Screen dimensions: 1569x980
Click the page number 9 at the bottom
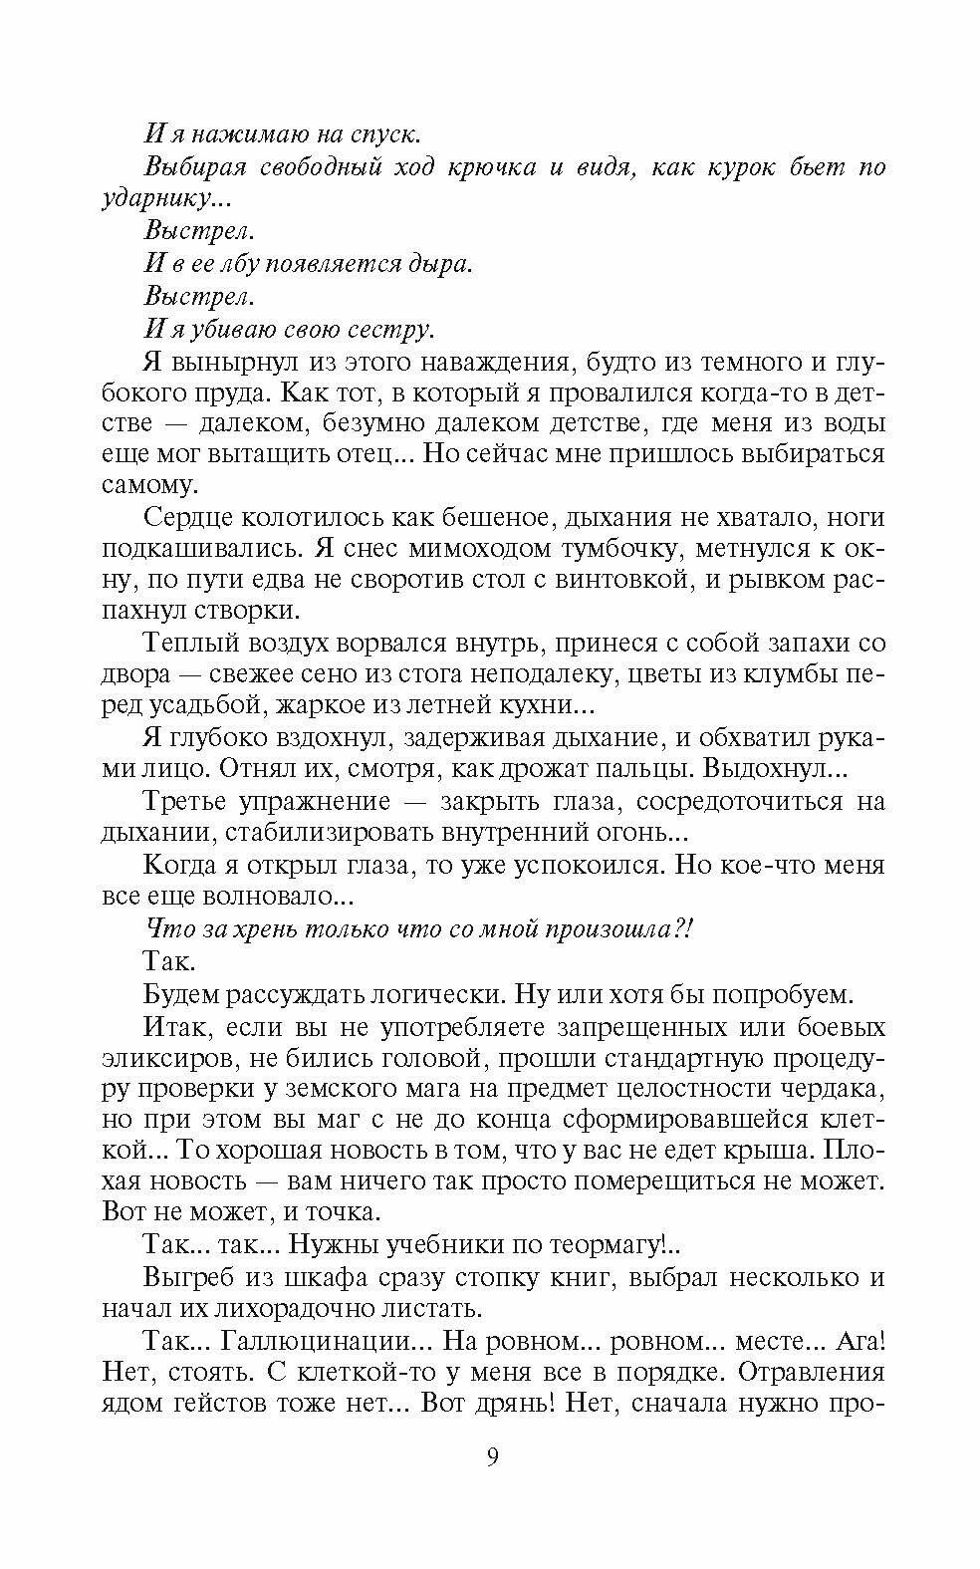492,1459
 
